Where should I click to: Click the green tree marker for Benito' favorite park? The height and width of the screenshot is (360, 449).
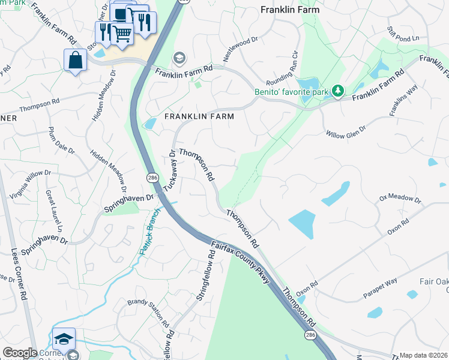[x=339, y=91]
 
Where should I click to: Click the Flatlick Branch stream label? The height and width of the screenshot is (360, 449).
[x=148, y=232]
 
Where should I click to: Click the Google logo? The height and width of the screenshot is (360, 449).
[x=20, y=353]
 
